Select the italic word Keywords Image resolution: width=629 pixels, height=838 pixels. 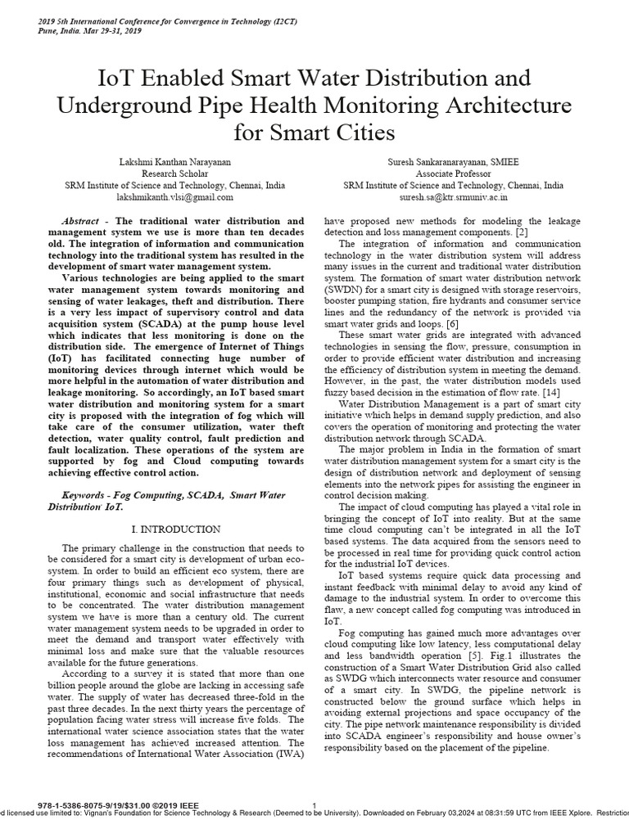86,497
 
